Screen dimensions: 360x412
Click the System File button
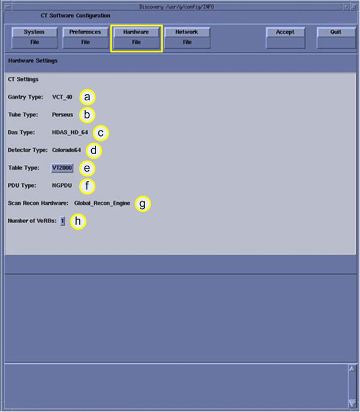click(x=34, y=38)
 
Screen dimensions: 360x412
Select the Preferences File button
click(x=85, y=38)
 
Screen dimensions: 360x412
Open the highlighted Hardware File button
click(x=136, y=38)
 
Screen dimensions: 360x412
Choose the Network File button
click(x=187, y=38)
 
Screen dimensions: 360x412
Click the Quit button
click(x=336, y=38)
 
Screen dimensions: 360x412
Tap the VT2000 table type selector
click(x=62, y=168)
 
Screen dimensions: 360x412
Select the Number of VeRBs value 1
click(x=62, y=221)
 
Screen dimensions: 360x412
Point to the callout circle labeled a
click(x=88, y=97)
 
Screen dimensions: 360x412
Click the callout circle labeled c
click(x=101, y=133)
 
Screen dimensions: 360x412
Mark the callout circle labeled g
click(x=143, y=204)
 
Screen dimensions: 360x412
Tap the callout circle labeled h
click(x=78, y=221)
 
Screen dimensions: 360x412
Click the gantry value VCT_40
click(x=62, y=97)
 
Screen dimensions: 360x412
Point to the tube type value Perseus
click(x=62, y=115)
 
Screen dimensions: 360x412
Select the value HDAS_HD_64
click(x=70, y=133)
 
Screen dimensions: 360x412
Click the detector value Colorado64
click(x=67, y=150)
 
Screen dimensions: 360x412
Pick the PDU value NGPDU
click(x=62, y=185)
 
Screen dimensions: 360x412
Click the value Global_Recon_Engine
click(x=102, y=203)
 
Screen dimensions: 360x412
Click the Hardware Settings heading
click(x=33, y=61)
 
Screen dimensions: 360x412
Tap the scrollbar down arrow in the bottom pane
click(x=352, y=403)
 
